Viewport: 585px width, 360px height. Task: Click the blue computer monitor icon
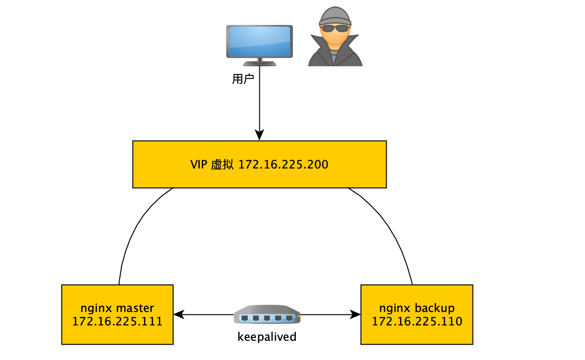click(x=259, y=42)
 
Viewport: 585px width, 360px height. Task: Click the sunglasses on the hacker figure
click(x=335, y=28)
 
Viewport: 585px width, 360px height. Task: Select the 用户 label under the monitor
click(x=243, y=79)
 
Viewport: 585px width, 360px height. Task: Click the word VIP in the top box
click(x=198, y=165)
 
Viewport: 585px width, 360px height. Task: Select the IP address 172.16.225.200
click(x=283, y=165)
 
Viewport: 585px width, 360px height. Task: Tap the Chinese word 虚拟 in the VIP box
click(x=222, y=165)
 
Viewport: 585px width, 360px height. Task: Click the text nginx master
click(x=117, y=308)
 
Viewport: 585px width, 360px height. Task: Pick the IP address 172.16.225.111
click(x=117, y=321)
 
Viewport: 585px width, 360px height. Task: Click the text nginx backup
click(x=417, y=308)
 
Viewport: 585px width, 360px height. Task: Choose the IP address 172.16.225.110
click(x=417, y=321)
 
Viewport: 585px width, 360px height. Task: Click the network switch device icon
click(x=267, y=315)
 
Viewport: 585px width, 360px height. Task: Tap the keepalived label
click(x=267, y=337)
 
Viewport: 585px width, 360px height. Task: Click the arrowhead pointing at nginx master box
click(x=178, y=315)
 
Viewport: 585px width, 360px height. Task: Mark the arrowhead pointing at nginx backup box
click(x=356, y=315)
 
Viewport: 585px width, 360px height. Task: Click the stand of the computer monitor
click(x=259, y=62)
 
